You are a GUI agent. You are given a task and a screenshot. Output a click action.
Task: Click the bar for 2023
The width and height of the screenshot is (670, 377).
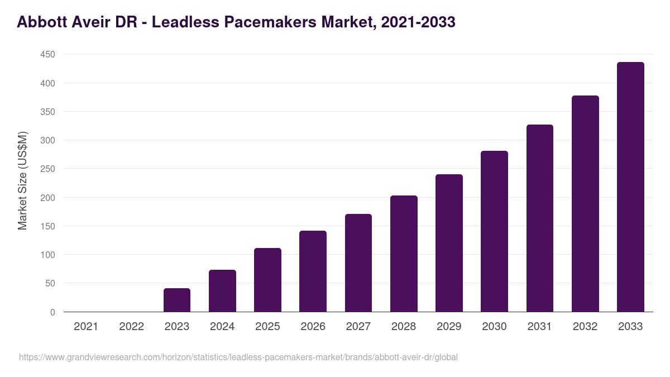tap(177, 300)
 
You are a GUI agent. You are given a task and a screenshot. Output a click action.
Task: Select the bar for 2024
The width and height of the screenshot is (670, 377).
tap(222, 290)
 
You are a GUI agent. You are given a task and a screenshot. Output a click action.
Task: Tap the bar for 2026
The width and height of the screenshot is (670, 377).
tap(313, 271)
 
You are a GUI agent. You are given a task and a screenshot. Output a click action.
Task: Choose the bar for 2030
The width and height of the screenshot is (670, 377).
tap(494, 231)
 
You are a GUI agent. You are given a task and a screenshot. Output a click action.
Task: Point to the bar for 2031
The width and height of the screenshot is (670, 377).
tap(540, 218)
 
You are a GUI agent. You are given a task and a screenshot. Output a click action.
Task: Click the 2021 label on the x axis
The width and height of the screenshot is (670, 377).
tap(86, 327)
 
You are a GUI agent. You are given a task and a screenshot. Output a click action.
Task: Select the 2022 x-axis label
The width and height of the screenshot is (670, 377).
tap(132, 327)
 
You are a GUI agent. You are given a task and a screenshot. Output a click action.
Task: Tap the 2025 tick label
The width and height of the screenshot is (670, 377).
tap(267, 327)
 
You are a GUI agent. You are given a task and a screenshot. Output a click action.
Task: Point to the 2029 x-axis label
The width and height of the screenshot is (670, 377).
tap(449, 327)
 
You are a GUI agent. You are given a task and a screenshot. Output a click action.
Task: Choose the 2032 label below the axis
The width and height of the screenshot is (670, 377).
tap(585, 327)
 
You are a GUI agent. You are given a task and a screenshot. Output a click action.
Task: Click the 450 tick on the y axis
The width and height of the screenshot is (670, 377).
tap(47, 54)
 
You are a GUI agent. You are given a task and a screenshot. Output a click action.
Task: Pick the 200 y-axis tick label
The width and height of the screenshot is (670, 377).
tap(47, 198)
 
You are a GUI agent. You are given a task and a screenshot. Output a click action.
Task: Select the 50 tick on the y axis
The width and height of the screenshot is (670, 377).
tap(50, 284)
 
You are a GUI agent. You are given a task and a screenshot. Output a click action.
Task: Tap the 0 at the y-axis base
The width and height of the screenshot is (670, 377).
tap(52, 312)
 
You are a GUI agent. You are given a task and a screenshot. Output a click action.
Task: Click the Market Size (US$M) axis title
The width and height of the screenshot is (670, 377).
tap(22, 180)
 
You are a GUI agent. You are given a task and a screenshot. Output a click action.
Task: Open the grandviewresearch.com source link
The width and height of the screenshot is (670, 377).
tap(238, 357)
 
